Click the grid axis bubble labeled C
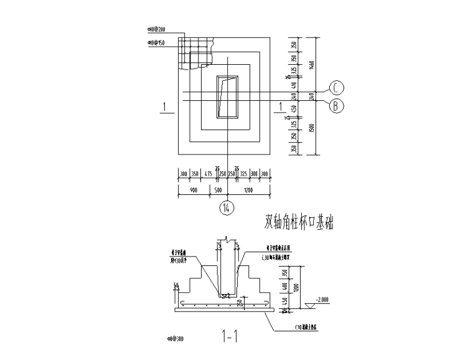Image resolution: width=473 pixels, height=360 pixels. tap(335, 87)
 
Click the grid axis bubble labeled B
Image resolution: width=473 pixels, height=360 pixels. tap(335, 106)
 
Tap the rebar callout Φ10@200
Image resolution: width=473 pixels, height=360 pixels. tap(156, 29)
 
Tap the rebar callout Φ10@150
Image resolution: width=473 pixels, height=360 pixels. tap(156, 42)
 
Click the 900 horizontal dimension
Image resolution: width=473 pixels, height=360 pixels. tap(193, 190)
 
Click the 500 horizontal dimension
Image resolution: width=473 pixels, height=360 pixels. tap(218, 190)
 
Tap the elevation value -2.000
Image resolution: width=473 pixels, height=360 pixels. tap(322, 300)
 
